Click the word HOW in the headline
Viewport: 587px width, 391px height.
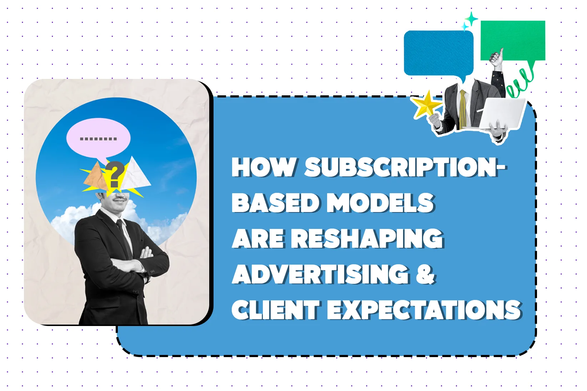coord(264,167)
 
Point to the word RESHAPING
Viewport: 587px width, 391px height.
coord(367,238)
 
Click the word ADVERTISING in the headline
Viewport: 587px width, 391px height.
coord(321,274)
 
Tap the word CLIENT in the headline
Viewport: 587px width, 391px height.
coord(276,310)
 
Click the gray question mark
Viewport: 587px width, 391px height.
coord(116,174)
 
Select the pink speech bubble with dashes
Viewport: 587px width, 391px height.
coord(98,139)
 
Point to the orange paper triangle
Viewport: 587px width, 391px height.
coord(96,177)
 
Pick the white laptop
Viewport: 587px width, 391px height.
coord(502,114)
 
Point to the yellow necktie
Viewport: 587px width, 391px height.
coord(463,110)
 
